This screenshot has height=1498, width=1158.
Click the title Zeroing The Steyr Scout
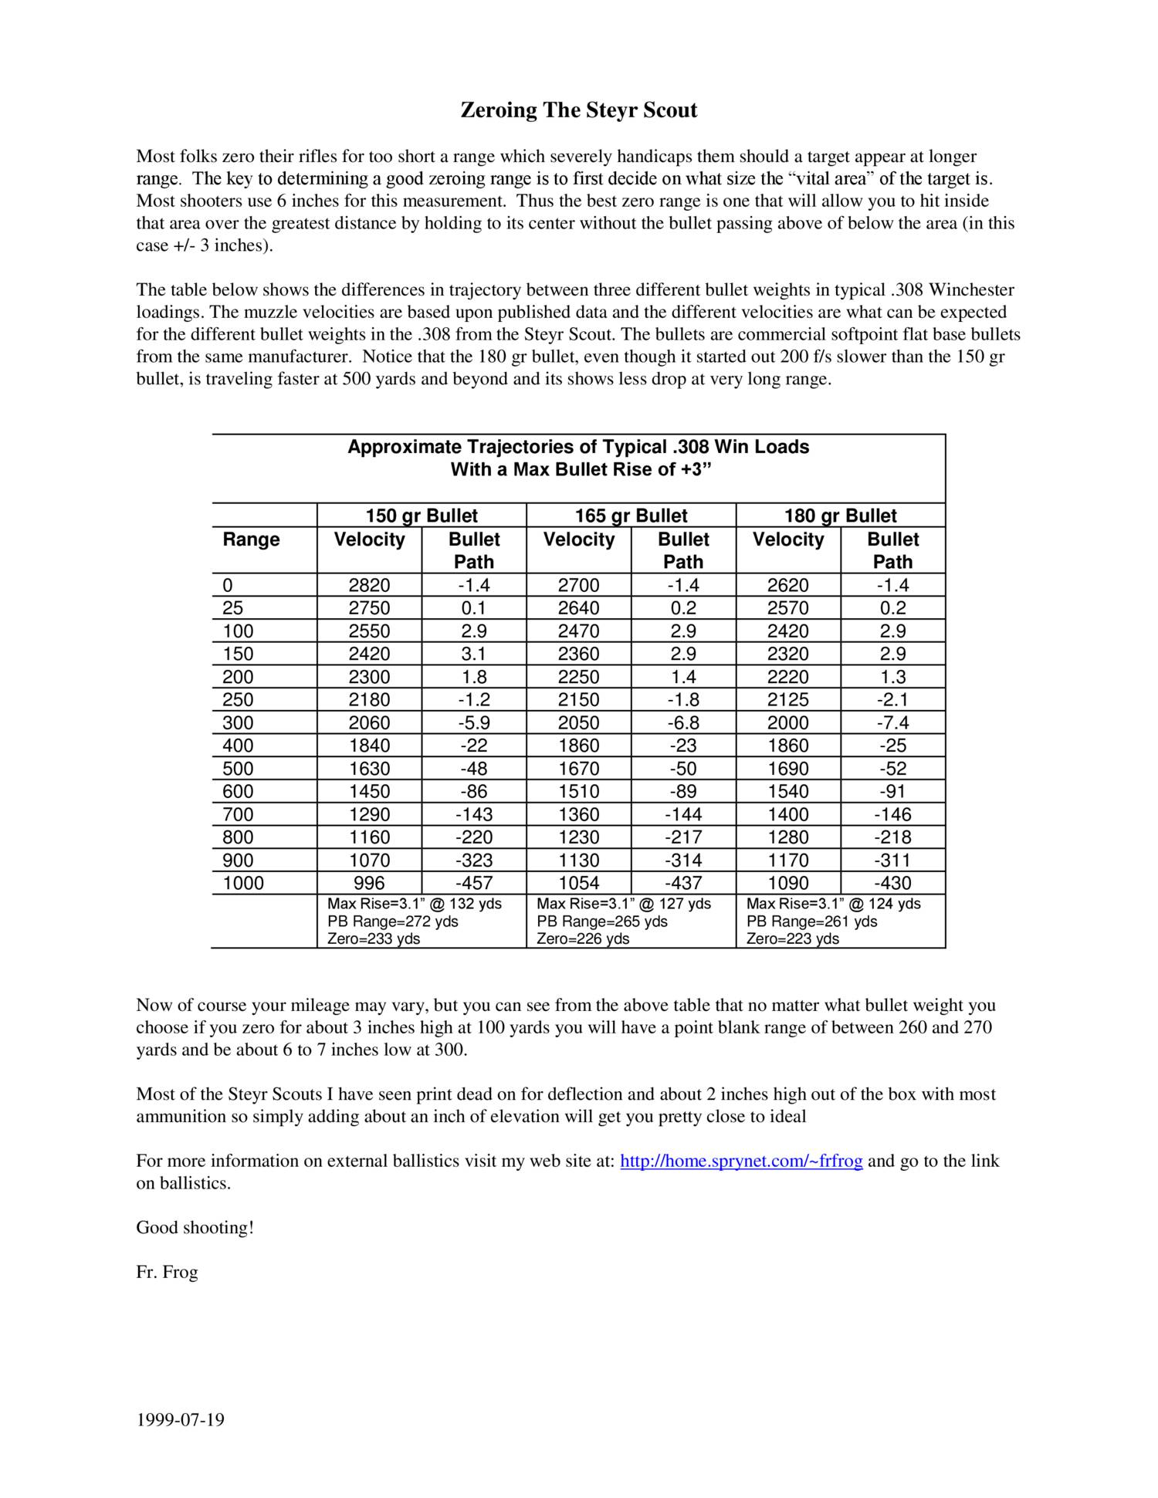(x=578, y=110)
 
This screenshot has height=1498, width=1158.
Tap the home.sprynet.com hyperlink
(x=741, y=1161)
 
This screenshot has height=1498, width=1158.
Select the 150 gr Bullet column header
(x=422, y=516)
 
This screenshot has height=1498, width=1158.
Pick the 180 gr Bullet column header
(x=840, y=516)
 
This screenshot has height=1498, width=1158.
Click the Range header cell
(x=251, y=539)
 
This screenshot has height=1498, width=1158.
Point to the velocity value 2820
(x=369, y=585)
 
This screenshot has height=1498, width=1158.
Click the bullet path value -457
(x=474, y=883)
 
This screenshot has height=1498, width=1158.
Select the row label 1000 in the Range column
(x=243, y=883)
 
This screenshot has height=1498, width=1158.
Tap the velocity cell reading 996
(x=369, y=883)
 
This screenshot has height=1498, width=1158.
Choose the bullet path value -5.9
(x=474, y=722)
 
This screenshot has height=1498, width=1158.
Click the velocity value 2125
(x=787, y=699)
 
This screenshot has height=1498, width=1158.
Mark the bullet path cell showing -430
(x=892, y=883)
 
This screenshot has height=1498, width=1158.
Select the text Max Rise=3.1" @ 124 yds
(x=833, y=903)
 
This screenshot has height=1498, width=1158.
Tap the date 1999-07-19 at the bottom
(x=181, y=1419)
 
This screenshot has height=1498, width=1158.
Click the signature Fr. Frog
(x=167, y=1272)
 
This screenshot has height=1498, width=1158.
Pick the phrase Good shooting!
(x=195, y=1227)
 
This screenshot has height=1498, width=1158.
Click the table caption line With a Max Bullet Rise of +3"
(x=580, y=469)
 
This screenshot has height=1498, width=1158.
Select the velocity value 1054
(x=578, y=883)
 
